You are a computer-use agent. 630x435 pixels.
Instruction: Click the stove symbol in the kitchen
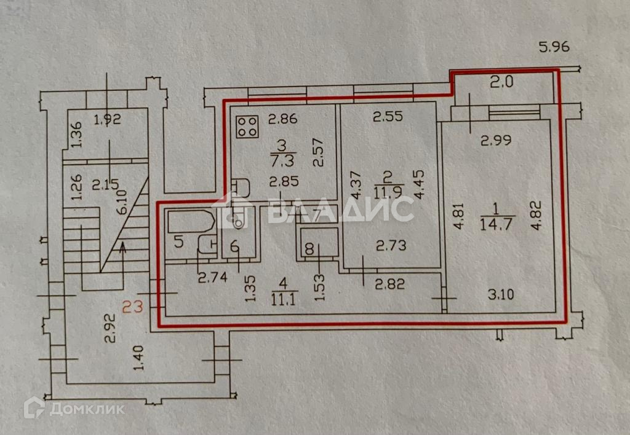tap(248, 127)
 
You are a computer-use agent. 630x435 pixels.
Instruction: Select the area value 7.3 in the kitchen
tap(282, 161)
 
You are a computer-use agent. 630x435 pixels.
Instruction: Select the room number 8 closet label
tap(309, 249)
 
